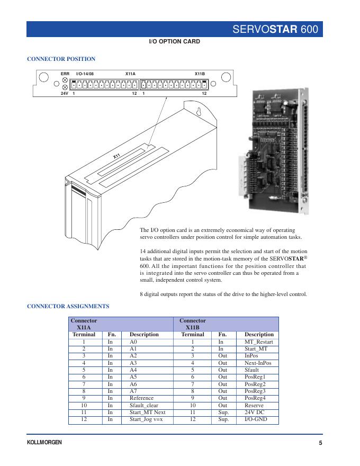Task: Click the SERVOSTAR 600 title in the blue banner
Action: point(275,29)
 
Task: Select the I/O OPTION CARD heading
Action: point(174,41)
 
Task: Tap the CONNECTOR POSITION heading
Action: point(61,59)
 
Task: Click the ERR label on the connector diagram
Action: point(65,74)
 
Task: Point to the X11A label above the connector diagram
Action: point(130,74)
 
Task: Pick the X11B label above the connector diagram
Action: point(200,74)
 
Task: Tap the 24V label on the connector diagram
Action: point(65,94)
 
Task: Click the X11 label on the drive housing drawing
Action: point(118,156)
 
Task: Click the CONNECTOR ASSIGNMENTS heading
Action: point(68,306)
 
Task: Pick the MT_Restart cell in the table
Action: point(258,342)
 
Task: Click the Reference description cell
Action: point(141,398)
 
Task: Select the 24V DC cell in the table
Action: point(254,412)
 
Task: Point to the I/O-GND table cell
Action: point(256,419)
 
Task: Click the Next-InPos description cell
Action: point(258,363)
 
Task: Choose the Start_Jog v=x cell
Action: point(147,419)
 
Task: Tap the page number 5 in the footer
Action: point(320,443)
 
